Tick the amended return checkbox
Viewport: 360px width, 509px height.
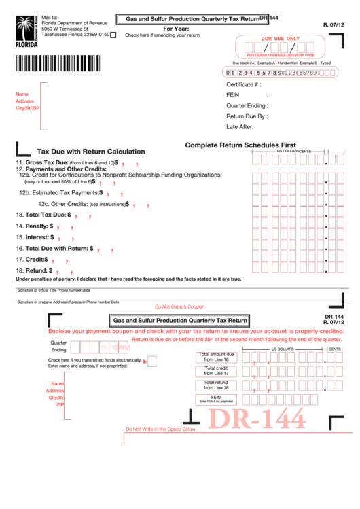(113, 35)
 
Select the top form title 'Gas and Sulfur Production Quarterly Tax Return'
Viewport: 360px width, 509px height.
(188, 19)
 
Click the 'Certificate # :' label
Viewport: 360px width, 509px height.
(243, 84)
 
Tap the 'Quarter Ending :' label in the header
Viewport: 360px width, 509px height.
(247, 105)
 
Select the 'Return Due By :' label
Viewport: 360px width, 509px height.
(246, 116)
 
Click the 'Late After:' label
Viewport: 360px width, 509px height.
(240, 126)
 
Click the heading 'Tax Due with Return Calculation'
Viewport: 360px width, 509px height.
(90, 152)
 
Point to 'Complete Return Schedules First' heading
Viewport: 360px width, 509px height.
(240, 145)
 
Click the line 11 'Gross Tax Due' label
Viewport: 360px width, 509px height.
(47, 163)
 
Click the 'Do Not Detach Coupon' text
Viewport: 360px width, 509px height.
(179, 307)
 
